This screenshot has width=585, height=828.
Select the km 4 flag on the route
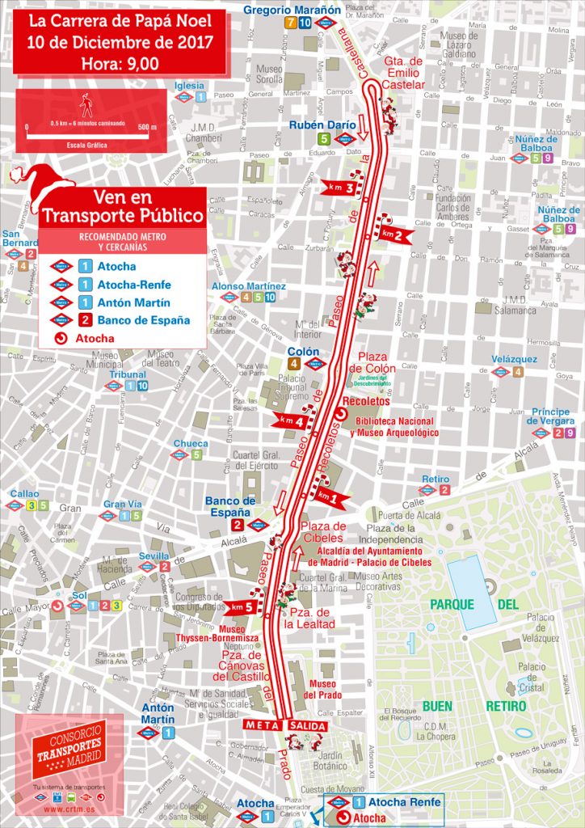point(290,421)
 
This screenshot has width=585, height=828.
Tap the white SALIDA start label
point(306,725)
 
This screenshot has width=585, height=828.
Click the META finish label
point(263,724)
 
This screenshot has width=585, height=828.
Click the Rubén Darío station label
point(322,125)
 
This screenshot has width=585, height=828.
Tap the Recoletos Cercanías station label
point(366,401)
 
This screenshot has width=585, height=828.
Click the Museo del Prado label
point(322,689)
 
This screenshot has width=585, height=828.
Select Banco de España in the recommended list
point(143,319)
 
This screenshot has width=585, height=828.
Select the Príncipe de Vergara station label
point(549,416)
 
